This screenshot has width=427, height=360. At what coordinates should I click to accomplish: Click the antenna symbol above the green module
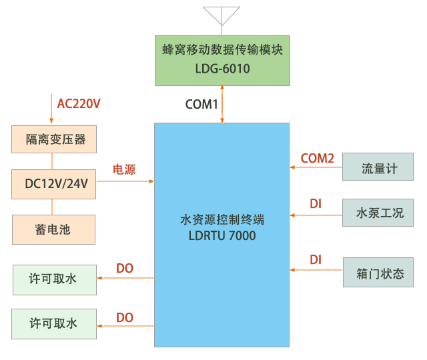(222, 16)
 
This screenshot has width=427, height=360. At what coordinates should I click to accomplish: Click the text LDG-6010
(222, 68)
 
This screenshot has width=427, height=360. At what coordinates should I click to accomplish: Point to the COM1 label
(201, 105)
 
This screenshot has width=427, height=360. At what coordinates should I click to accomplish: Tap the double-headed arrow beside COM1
(222, 104)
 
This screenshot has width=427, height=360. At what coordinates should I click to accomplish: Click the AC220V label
(79, 104)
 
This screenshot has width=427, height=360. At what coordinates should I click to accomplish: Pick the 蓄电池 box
(53, 229)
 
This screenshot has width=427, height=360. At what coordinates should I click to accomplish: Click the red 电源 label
(124, 170)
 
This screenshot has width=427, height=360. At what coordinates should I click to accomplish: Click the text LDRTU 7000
(222, 235)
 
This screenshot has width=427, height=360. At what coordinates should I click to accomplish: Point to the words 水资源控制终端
(222, 219)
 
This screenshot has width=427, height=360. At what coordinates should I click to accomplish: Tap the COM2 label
(318, 158)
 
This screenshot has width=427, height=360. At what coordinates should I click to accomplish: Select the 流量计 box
(379, 167)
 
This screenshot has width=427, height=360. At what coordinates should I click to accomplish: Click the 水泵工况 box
(379, 213)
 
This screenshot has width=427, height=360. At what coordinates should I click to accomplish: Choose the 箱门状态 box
(379, 272)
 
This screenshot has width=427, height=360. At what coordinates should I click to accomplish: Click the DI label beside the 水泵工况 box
(316, 203)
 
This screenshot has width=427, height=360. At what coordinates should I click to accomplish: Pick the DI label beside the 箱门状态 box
(316, 259)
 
